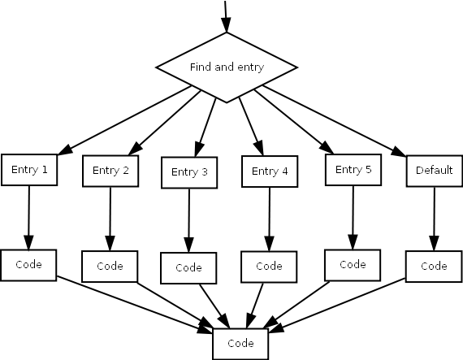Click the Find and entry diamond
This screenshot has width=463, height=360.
pos(227,67)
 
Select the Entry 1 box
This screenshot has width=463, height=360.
pos(29,170)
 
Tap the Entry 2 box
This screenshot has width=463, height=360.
pos(110,171)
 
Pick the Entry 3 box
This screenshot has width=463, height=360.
pos(189,172)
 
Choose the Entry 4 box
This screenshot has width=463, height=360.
pos(270,171)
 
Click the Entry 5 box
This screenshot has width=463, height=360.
pos(353,170)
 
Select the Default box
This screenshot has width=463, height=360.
pos(435,171)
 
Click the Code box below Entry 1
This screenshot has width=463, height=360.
pos(28,265)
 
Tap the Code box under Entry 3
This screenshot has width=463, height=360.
pos(188,268)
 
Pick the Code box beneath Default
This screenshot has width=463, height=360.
pos(434,267)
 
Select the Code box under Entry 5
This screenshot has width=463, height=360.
pos(353,265)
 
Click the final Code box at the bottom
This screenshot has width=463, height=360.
pos(240,344)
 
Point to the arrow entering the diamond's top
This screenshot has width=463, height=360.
pos(226,16)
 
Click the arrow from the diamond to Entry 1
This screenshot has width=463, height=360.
pos(124,120)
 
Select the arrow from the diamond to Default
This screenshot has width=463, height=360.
pos(335,120)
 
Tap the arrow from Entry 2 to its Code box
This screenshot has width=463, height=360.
pos(110,219)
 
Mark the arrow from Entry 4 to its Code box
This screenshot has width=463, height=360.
pos(270,219)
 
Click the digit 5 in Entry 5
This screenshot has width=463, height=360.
pos(368,169)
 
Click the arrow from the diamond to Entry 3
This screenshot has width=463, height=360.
pos(206,128)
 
